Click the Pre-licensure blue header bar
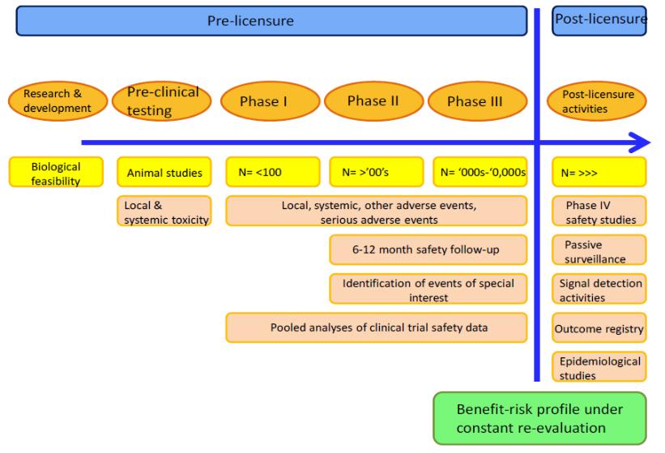(271, 21)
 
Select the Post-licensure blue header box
(599, 20)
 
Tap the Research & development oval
(58, 101)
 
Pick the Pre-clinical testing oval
(161, 101)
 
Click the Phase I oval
(271, 101)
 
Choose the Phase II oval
(373, 101)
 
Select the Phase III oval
(478, 101)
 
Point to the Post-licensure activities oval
(597, 101)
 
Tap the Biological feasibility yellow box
(56, 172)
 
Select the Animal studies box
(164, 172)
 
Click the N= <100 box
(273, 172)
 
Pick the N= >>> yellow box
(599, 172)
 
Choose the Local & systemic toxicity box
(164, 211)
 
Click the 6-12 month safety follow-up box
(428, 250)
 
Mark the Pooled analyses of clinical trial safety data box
(377, 327)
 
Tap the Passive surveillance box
(599, 250)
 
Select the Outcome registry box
(599, 327)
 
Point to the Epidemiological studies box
(599, 366)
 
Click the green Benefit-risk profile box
(539, 418)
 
